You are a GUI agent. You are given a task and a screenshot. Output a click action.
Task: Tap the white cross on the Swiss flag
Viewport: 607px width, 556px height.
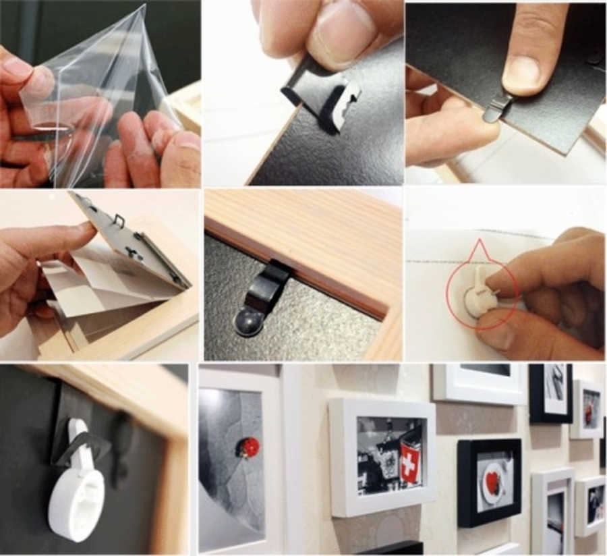pyautogui.click(x=409, y=465)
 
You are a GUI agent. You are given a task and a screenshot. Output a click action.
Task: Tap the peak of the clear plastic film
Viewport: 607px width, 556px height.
pyautogui.click(x=142, y=8)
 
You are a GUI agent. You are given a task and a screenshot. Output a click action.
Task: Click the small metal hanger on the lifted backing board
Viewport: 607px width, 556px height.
pyautogui.click(x=120, y=220)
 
